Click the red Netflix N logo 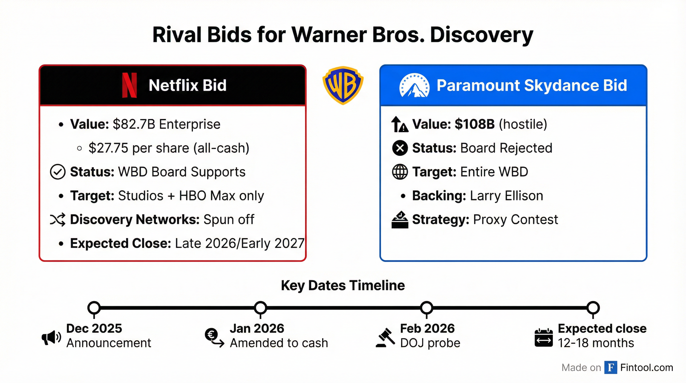[129, 85]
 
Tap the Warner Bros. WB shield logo [343, 85]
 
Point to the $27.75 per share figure [108, 148]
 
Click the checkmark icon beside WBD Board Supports [58, 172]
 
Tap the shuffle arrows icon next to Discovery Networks [58, 219]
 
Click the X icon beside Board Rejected [400, 148]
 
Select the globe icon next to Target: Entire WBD [400, 172]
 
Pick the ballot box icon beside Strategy [400, 220]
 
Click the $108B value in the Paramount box [475, 124]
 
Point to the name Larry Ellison [507, 196]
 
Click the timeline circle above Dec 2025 [94, 308]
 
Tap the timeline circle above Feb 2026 [427, 308]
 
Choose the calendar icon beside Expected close [543, 338]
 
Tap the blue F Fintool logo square [611, 368]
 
